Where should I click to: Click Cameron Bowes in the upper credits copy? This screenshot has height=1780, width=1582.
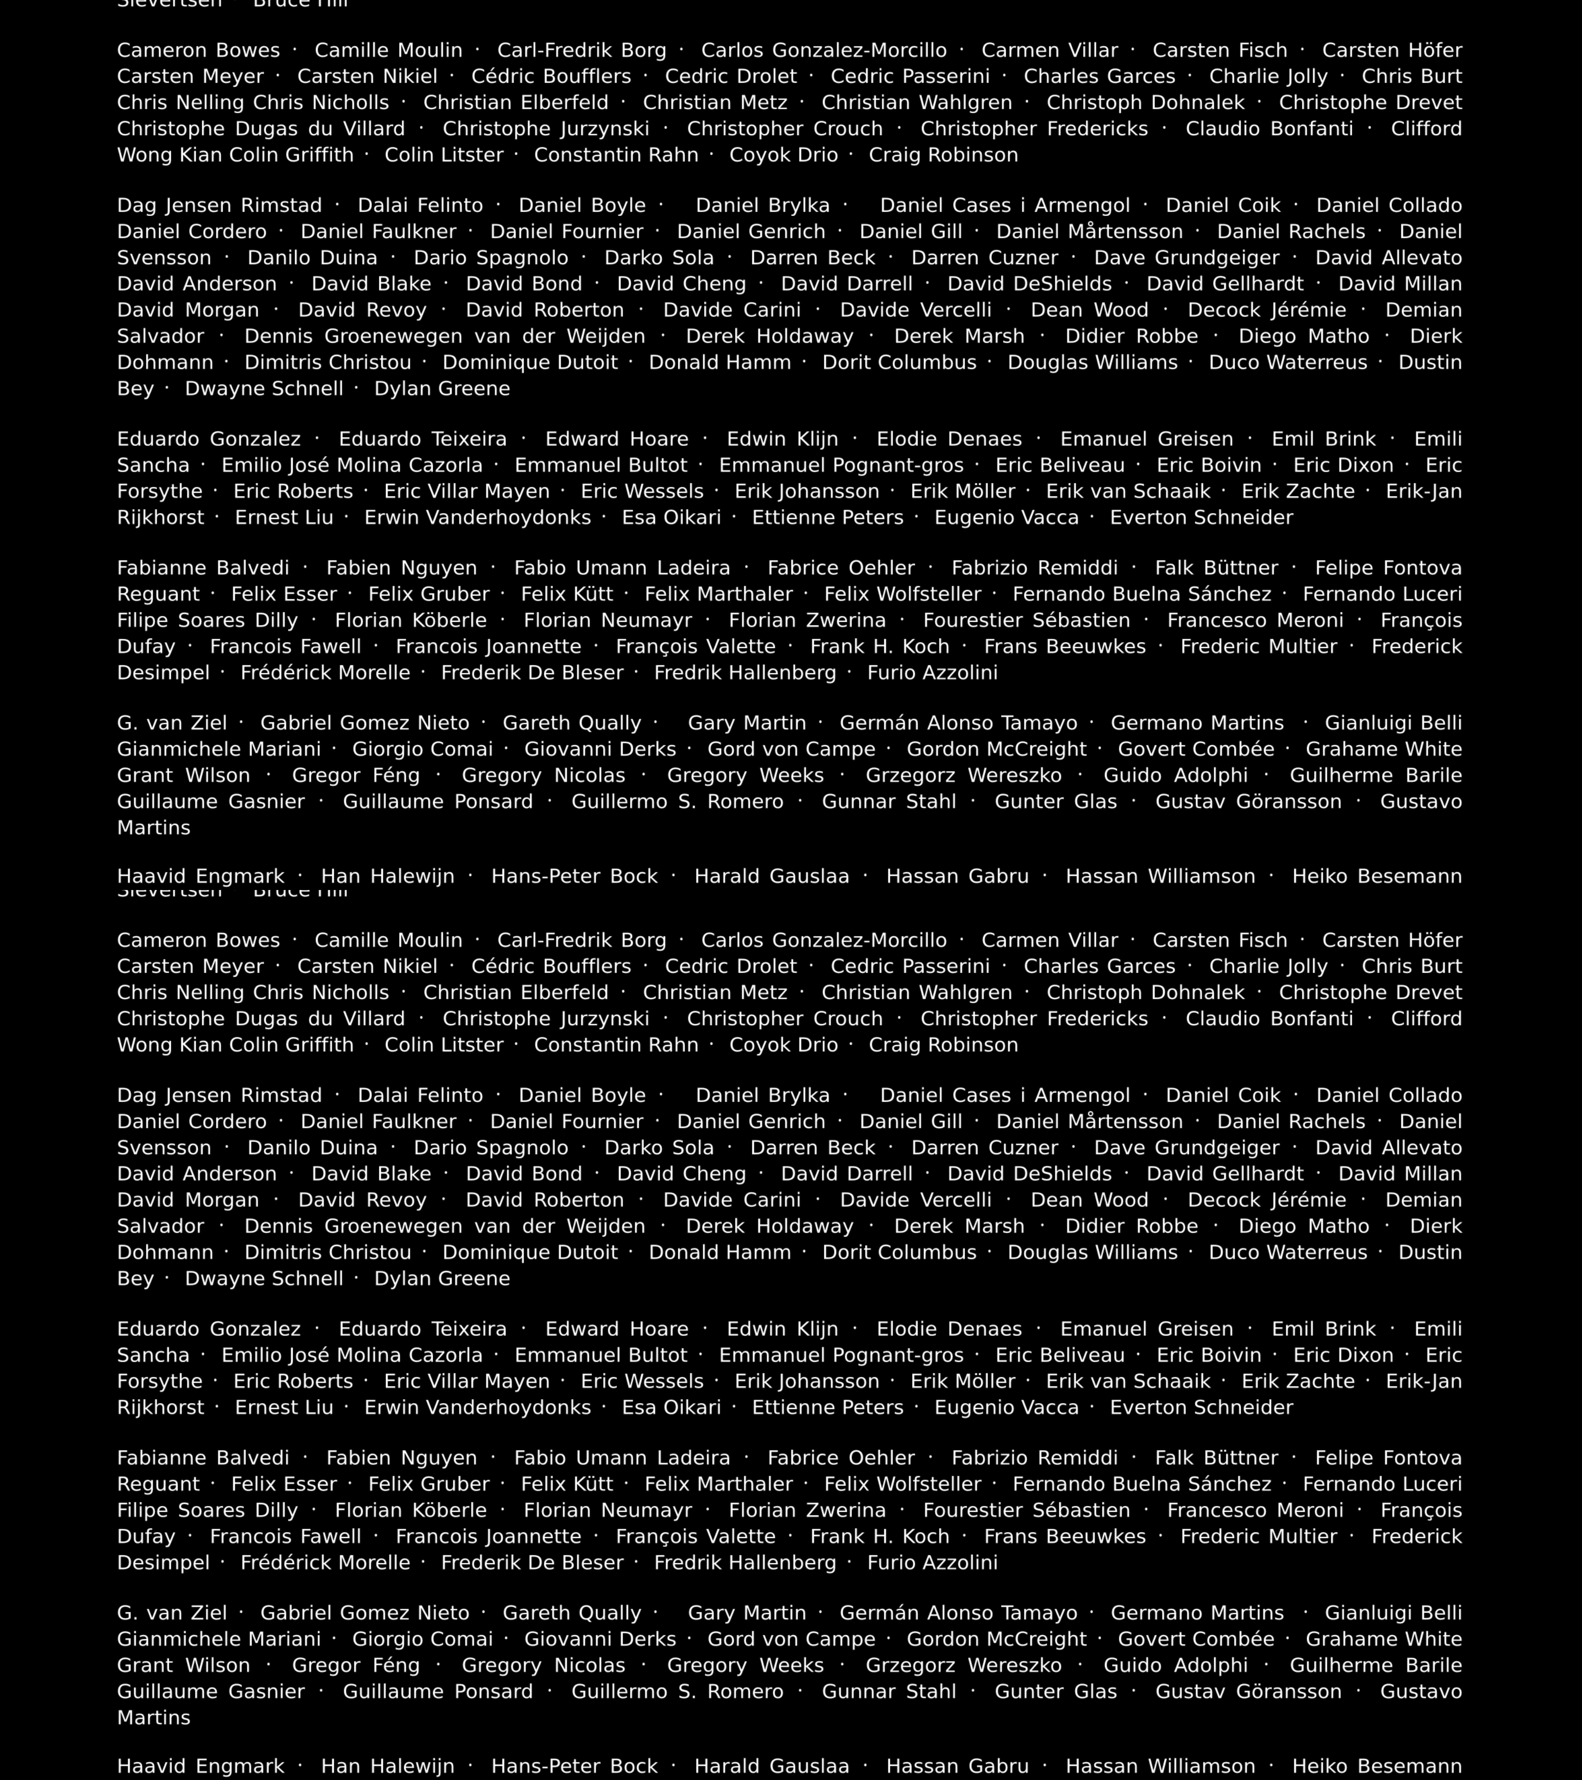pos(199,51)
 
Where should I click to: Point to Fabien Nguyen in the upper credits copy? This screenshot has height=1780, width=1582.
pos(401,568)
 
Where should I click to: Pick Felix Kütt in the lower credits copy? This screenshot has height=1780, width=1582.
pos(567,1484)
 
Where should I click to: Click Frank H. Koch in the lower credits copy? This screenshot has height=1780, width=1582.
pos(879,1536)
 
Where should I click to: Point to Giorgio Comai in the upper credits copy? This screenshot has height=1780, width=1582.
pos(422,749)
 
